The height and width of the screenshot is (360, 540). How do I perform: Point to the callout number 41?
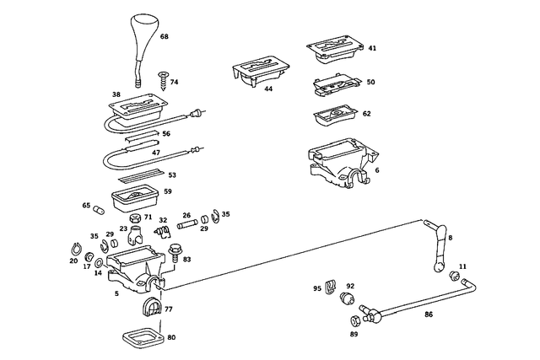click(372, 49)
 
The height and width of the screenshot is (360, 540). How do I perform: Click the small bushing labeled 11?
click(455, 276)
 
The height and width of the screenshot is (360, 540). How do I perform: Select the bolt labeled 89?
click(353, 320)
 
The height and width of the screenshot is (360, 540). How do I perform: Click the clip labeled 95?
click(330, 286)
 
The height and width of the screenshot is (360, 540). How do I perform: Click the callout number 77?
click(169, 309)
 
